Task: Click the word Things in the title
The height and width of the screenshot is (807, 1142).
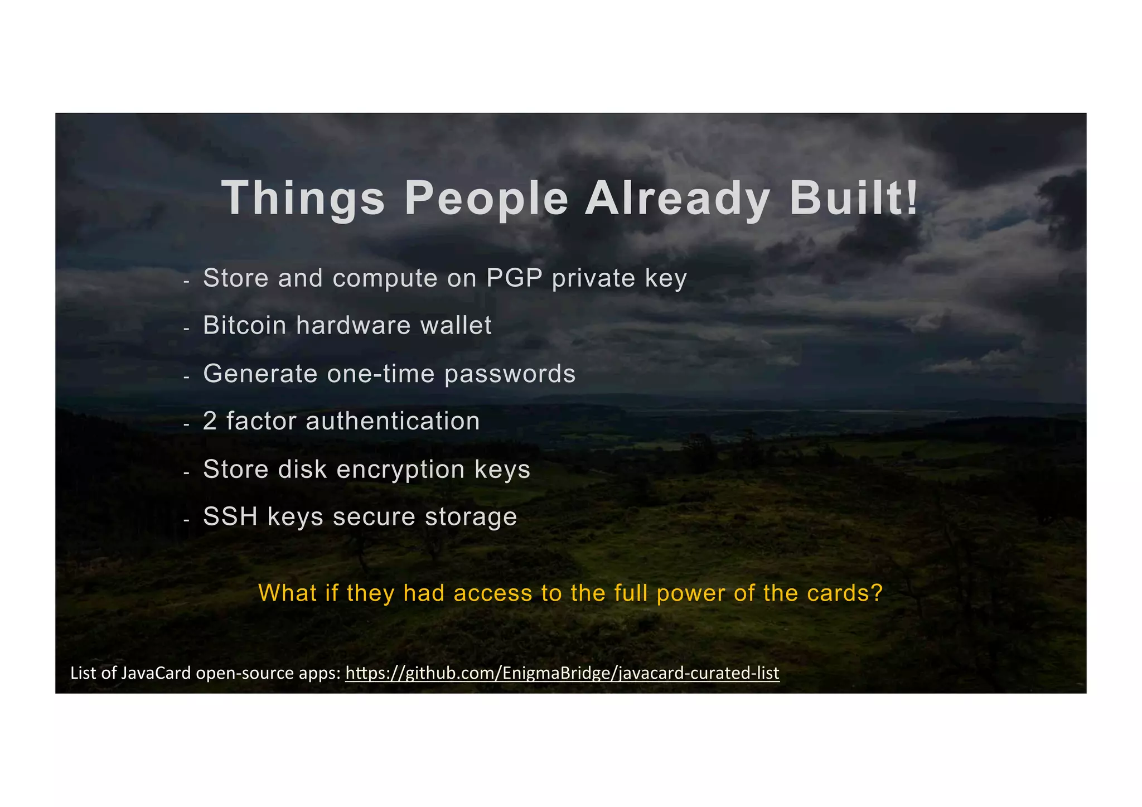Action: [303, 199]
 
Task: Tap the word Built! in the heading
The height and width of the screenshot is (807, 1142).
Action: [853, 199]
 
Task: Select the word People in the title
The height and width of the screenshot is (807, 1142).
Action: [486, 199]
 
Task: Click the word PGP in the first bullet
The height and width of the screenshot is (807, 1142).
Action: [514, 278]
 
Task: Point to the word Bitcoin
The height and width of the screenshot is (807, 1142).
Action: [244, 325]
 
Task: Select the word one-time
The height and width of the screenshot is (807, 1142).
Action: [380, 374]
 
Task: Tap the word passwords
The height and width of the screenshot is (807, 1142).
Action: [510, 374]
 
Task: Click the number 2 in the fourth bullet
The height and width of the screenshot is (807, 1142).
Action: [210, 421]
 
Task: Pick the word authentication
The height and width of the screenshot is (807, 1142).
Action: [393, 421]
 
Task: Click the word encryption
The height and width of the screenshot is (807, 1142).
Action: [400, 470]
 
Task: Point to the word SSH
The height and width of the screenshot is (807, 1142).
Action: [230, 516]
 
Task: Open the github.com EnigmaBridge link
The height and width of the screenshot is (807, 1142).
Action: [562, 673]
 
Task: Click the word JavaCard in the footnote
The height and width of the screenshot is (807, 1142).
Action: [156, 673]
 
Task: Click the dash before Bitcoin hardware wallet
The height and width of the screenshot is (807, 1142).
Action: [187, 329]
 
